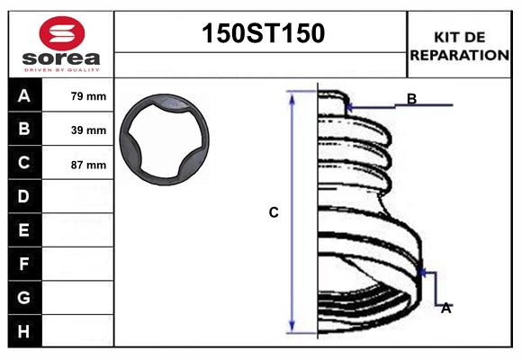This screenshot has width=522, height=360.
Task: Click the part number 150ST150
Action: click(261, 33)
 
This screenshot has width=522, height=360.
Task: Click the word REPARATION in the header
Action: click(459, 55)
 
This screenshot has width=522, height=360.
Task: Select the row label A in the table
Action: click(24, 95)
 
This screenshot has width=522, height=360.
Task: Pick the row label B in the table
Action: click(24, 130)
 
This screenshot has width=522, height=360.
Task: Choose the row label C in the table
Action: click(24, 163)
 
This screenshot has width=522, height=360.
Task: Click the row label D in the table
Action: click(24, 196)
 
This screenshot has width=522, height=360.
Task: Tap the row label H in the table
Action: click(24, 331)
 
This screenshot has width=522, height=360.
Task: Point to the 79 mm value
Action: click(88, 96)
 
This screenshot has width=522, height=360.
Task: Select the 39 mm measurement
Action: click(88, 130)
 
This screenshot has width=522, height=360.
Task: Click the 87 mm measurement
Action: click(88, 165)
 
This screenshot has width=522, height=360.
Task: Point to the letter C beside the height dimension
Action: click(274, 212)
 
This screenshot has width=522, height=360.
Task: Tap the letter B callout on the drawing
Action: click(411, 99)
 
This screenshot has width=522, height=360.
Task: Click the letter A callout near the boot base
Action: click(445, 308)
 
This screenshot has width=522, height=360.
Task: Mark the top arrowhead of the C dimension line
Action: click(292, 94)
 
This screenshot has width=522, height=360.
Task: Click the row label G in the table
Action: click(24, 297)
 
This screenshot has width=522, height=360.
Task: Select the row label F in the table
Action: click(24, 264)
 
